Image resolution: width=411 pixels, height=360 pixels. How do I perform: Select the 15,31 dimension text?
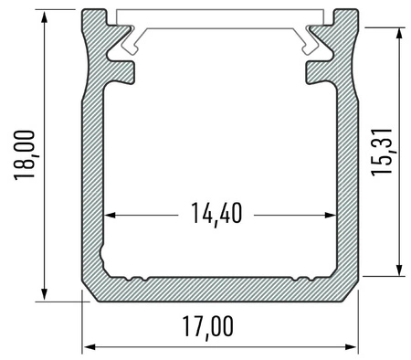pos(382,151)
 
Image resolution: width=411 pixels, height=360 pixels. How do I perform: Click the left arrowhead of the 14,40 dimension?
pos(109,216)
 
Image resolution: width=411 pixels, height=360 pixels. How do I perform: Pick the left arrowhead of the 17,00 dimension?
pos(89,347)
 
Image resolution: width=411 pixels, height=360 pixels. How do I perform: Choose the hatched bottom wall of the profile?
pos(219,289)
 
